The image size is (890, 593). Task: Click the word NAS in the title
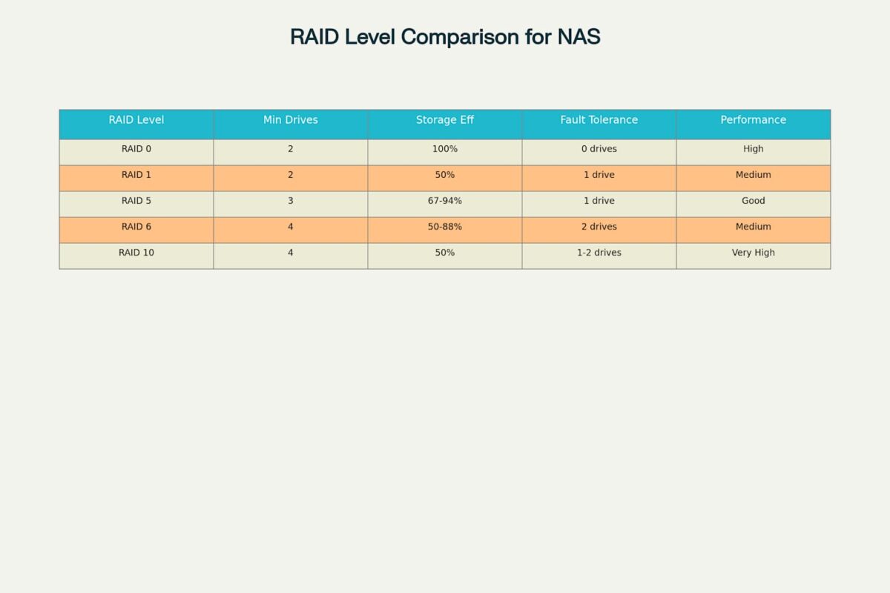578,36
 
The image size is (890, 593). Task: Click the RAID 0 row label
136,149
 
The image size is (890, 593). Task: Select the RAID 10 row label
136,253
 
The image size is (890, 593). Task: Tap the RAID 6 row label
136,227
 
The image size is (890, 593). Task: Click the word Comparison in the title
460,37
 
